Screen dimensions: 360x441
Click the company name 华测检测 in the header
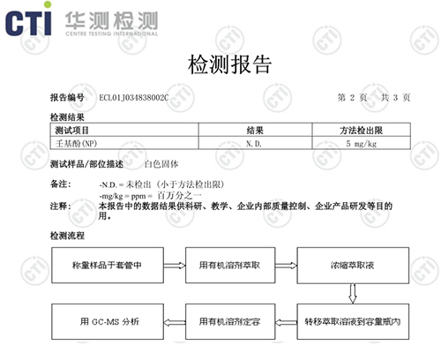click(x=105, y=14)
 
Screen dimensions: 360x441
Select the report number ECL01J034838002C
click(x=133, y=97)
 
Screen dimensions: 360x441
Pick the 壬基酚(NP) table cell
click(x=74, y=143)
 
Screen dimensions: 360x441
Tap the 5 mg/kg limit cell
click(x=362, y=143)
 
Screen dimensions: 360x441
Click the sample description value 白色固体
click(x=161, y=165)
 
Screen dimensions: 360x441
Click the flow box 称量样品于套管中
click(x=104, y=264)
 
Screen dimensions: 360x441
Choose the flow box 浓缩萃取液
click(x=352, y=264)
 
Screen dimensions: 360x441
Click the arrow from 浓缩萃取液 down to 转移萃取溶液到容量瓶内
click(x=352, y=291)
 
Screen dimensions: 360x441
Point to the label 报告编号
click(x=67, y=97)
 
